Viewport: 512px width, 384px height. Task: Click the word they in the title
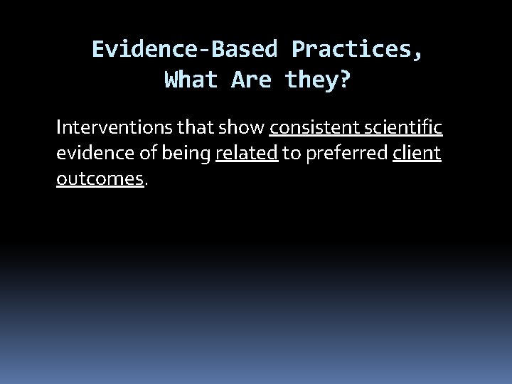point(309,80)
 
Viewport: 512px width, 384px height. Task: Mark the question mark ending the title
point(344,80)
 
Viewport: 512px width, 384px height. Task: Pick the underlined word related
point(246,154)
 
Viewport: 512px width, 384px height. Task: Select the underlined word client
point(417,154)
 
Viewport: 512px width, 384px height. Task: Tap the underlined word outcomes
point(100,179)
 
